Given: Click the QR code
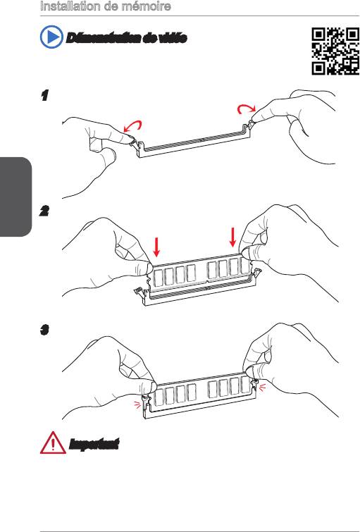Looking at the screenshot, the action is coord(335,51).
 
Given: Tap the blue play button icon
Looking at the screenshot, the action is coord(51,37).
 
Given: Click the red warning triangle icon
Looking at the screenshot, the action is coord(53,443).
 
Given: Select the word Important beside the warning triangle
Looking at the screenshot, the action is coord(94,444).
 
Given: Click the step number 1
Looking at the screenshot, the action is coord(44,95).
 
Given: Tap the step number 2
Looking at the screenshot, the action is coord(44,211).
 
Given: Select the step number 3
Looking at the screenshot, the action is coord(44,329).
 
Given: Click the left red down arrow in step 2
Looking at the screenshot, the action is coord(156,247).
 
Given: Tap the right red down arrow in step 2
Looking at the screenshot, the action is coord(232,237).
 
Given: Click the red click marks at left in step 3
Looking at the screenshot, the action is coord(137,404).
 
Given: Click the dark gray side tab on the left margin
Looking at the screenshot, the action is coord(15,197).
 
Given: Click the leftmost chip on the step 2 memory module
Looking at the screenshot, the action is coord(158,278).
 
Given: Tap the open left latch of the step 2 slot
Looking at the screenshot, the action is coord(139,291).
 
